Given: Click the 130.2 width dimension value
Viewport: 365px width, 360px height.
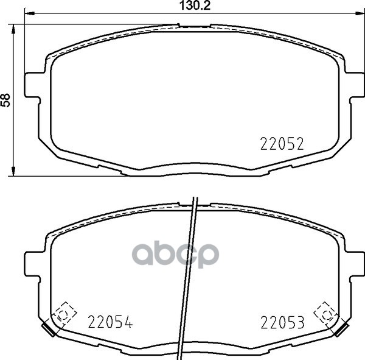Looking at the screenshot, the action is pos(195,5).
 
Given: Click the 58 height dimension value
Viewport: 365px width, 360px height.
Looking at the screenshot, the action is pos(5,101).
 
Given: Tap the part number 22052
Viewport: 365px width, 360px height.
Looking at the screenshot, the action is pos(282,144).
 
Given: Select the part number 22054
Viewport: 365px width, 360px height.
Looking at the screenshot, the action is pos(110,322).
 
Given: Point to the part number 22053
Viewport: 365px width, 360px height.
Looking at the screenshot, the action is pos(282,322).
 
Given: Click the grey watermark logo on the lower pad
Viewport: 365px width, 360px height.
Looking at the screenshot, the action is pos(175,255).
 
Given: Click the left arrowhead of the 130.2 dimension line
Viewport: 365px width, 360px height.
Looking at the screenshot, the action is pos(30,14).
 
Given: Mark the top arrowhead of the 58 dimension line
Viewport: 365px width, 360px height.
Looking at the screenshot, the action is pos(13,29).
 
